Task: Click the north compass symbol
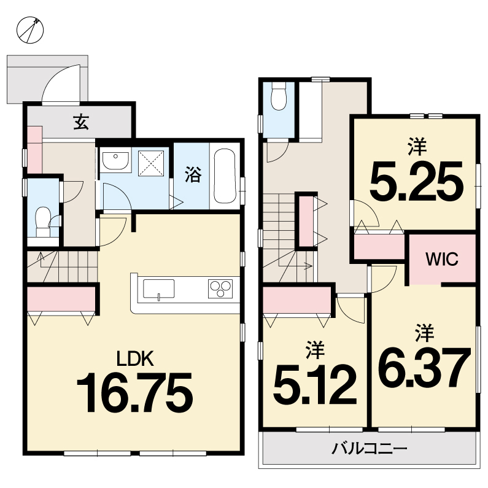click(x=30, y=30)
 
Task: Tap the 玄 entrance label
click(x=81, y=122)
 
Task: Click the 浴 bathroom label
click(x=193, y=174)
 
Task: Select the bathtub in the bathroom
click(x=225, y=176)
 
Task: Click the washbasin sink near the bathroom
click(x=115, y=161)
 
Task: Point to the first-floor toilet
click(x=43, y=222)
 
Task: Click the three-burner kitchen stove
click(x=220, y=289)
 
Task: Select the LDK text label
click(x=135, y=358)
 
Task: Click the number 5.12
click(x=315, y=384)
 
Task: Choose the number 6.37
click(x=424, y=367)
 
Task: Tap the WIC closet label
click(x=442, y=258)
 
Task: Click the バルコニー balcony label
click(x=369, y=449)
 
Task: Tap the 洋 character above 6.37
click(x=425, y=332)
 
